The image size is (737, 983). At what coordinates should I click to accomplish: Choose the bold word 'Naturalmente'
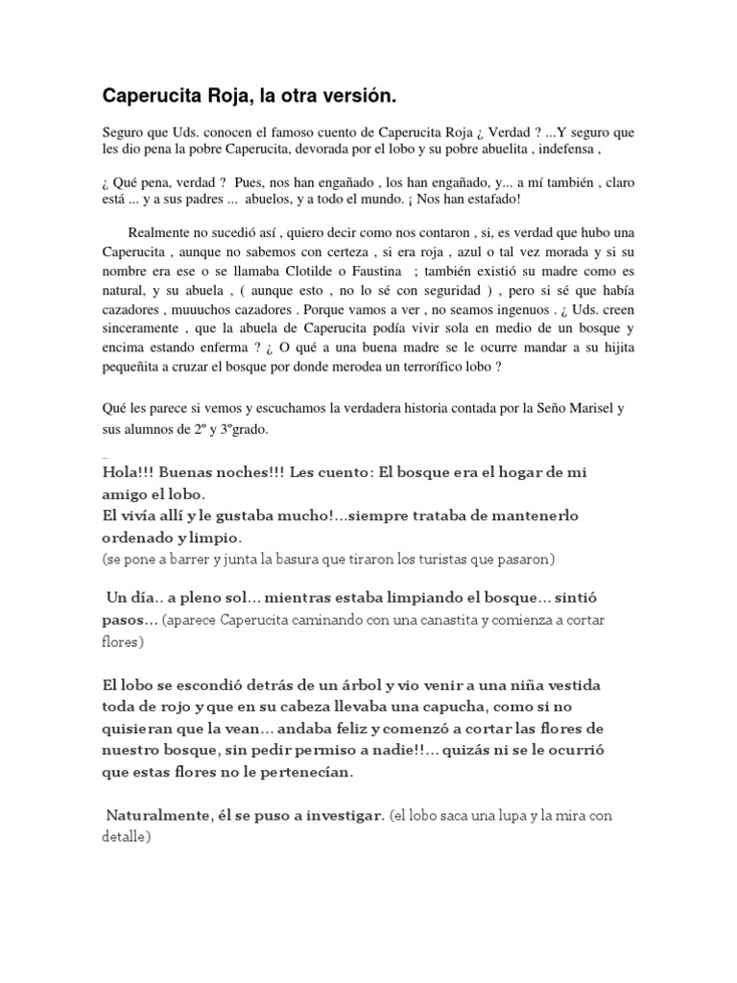point(153,815)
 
